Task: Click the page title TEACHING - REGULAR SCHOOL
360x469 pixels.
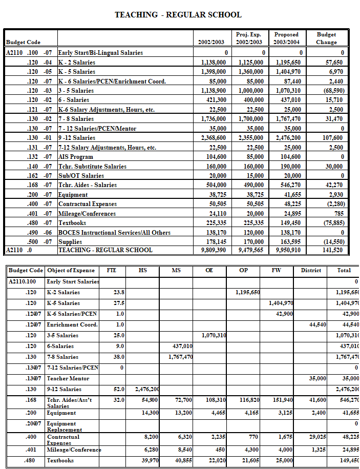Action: click(178, 15)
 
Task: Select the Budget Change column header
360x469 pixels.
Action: click(326, 38)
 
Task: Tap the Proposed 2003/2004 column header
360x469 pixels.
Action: click(286, 38)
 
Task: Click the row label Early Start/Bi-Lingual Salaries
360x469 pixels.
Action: click(100, 53)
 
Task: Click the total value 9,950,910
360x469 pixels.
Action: click(288, 250)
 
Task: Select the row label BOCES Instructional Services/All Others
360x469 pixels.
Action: click(114, 232)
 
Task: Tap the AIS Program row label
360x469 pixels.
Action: click(76, 157)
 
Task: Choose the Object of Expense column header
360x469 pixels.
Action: click(71, 270)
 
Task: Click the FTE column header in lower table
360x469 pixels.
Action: click(111, 270)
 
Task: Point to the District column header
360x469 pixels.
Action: click(311, 270)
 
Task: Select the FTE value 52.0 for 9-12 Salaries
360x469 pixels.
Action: click(119, 389)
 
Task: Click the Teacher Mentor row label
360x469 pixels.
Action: click(68, 378)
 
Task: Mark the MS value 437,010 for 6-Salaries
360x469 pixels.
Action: click(181, 346)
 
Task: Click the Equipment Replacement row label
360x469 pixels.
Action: click(61, 426)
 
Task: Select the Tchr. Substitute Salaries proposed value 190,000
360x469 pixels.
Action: click(290, 167)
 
